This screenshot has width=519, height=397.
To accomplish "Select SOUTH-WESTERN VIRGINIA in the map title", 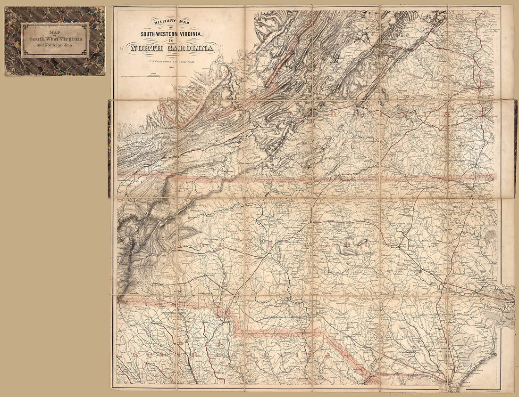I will point(169,33).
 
